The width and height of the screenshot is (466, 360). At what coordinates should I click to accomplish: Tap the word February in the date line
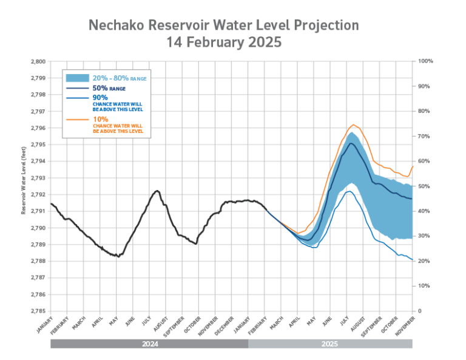[217, 43]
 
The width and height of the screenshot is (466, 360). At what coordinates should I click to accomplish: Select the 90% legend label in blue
[100, 97]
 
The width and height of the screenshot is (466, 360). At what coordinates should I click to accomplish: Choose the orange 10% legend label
[100, 120]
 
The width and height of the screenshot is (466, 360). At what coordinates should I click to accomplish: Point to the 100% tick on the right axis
[425, 61]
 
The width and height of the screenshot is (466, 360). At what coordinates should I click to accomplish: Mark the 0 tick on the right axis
[420, 310]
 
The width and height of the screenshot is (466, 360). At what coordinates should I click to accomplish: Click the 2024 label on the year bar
[150, 344]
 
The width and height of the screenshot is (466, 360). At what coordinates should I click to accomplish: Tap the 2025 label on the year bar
[329, 344]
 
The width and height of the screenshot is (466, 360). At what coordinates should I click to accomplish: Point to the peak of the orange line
[353, 125]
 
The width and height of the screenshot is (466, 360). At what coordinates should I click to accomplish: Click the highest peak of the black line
[157, 191]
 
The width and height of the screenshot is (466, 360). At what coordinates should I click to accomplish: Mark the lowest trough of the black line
[117, 256]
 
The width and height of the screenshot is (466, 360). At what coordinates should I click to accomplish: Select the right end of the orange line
[413, 166]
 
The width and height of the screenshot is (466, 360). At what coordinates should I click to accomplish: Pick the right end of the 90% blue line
[413, 260]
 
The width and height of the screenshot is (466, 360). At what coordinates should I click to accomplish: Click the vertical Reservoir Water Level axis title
[24, 180]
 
